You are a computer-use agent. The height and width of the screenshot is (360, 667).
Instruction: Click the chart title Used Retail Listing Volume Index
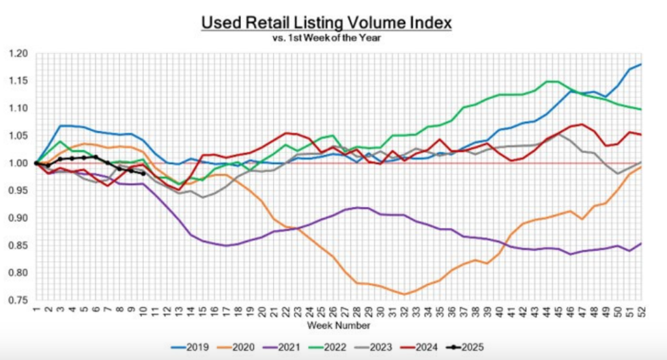click(326, 23)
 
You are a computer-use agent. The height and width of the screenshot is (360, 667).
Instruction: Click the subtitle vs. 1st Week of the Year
click(326, 38)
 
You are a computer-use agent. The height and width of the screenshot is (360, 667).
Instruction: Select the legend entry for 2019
click(189, 348)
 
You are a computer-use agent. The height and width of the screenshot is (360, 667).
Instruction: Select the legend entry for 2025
click(470, 348)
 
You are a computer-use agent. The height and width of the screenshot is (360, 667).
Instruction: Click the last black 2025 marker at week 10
click(143, 173)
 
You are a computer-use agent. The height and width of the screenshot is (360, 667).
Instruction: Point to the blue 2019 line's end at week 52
click(641, 64)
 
